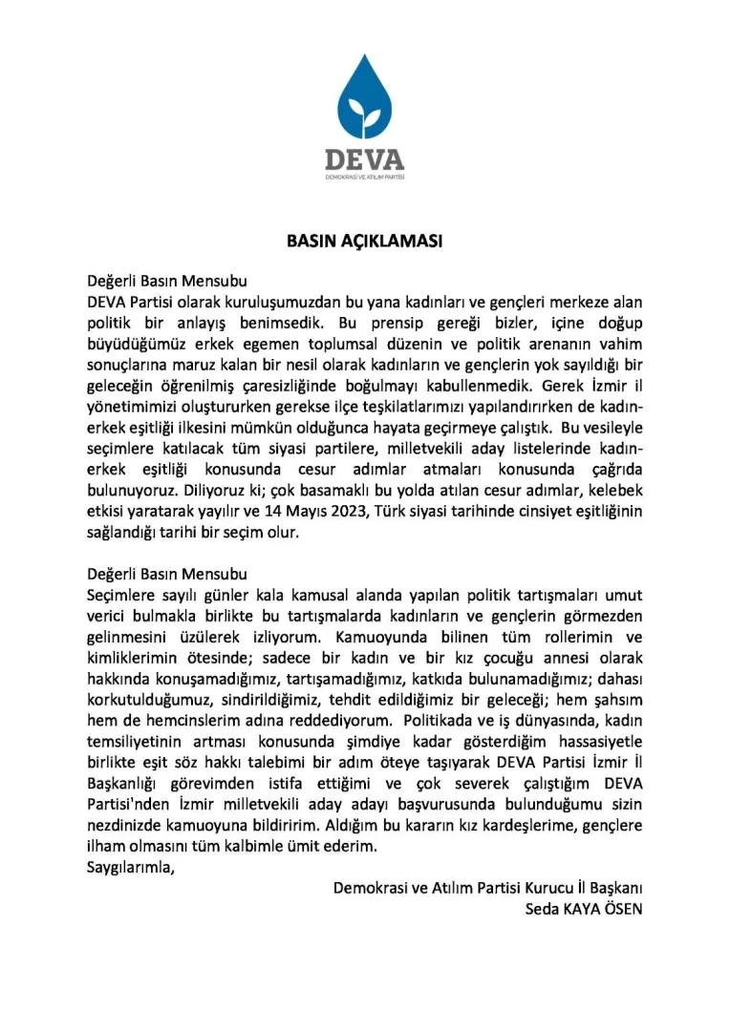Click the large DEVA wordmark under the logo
[364, 158]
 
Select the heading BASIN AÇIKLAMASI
[364, 242]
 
